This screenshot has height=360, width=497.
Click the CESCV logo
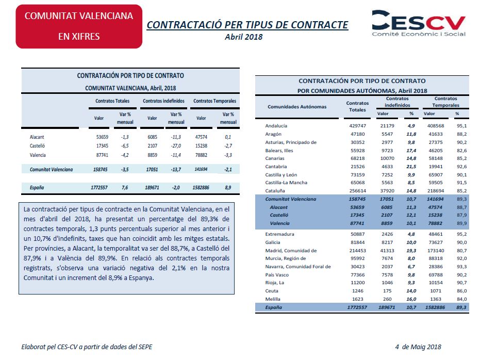(x=419, y=23)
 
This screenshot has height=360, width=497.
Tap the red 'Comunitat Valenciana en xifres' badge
(x=79, y=26)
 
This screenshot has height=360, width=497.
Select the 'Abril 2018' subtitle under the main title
(x=244, y=37)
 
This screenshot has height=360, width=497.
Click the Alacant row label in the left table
(x=37, y=137)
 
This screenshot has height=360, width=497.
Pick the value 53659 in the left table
(x=102, y=137)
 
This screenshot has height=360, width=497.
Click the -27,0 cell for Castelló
(x=176, y=146)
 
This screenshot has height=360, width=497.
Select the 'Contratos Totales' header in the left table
(x=112, y=101)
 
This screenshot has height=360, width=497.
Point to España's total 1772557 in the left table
(x=99, y=187)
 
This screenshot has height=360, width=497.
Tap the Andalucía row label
(x=276, y=126)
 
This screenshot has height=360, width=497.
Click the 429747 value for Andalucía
(x=357, y=126)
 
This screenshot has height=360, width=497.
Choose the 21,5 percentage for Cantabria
(x=411, y=167)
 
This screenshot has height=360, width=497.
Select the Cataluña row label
(x=275, y=191)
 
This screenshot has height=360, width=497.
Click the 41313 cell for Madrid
(x=387, y=251)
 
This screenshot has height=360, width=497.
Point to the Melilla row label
(x=273, y=299)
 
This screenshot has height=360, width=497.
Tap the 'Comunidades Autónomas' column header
(x=297, y=107)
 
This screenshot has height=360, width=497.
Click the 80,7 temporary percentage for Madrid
(x=462, y=251)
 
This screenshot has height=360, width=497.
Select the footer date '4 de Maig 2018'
(x=418, y=347)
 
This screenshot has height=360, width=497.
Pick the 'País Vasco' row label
(x=277, y=275)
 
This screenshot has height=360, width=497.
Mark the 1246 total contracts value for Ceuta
(x=357, y=291)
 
